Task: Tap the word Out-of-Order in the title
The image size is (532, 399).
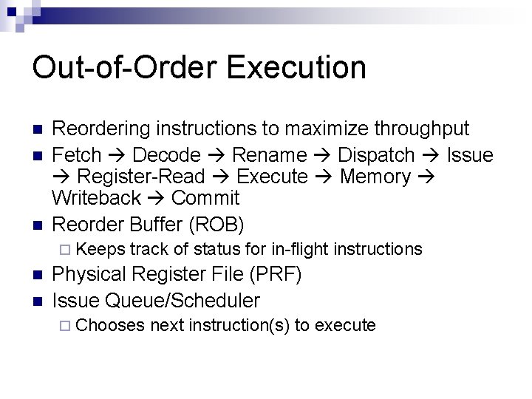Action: [x=125, y=67]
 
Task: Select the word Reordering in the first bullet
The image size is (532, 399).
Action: [x=102, y=129]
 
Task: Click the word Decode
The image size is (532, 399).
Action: [x=166, y=155]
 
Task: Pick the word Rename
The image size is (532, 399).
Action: [x=269, y=155]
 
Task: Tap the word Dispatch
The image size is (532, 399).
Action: [x=376, y=155]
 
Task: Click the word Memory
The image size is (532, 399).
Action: [x=374, y=177]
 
